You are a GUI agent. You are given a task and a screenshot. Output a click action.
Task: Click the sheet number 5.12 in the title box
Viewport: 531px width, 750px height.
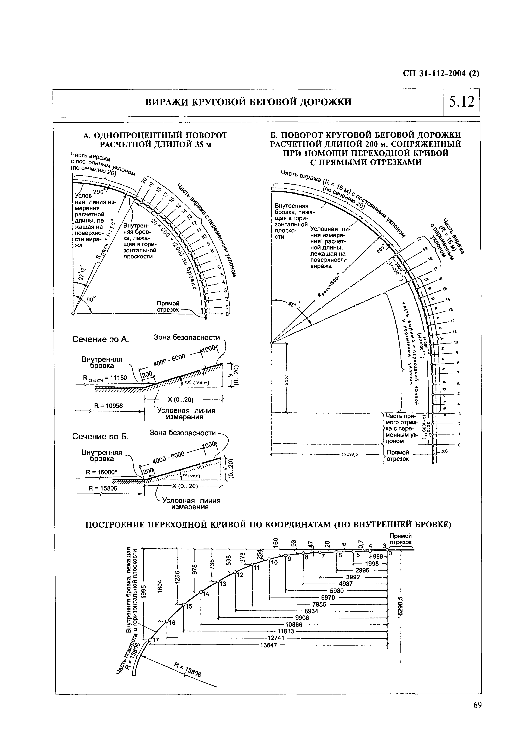tap(461, 102)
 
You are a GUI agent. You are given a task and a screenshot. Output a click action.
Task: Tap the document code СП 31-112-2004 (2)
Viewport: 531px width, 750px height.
tap(441, 74)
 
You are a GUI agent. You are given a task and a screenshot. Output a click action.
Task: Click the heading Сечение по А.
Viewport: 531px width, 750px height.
tap(100, 339)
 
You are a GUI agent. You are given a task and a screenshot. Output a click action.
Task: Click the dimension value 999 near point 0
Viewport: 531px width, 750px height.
tap(378, 557)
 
